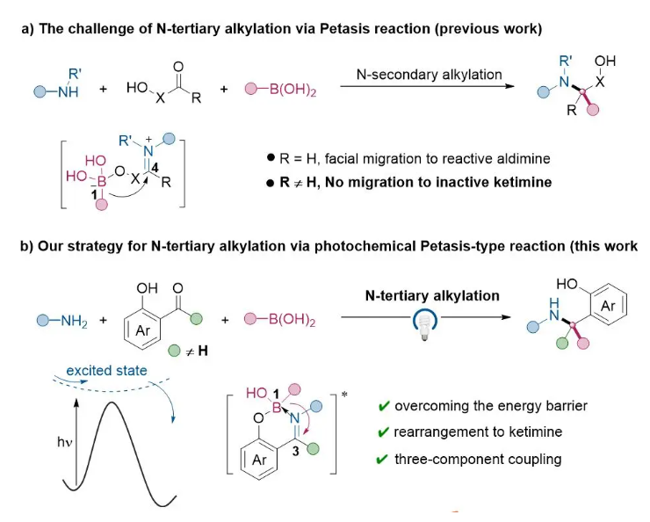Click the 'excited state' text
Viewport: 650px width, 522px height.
[106, 372]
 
